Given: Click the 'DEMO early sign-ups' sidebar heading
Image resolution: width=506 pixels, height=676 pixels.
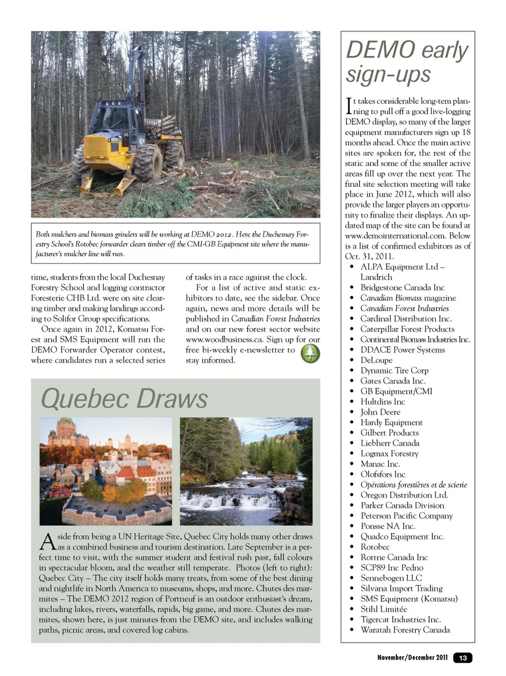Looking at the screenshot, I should coord(406,62).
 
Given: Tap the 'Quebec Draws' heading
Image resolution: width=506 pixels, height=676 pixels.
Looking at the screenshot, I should coord(124,398).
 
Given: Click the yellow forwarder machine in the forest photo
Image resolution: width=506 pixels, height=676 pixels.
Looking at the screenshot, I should coord(121,137).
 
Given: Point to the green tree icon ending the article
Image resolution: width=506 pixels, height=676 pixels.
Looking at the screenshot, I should coord(310,353).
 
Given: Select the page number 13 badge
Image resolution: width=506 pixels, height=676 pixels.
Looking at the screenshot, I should coord(463,658).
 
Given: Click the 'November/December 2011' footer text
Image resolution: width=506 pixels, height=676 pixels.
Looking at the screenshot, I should coord(412,658).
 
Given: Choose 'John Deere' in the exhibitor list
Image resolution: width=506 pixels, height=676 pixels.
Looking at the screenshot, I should coord(380,412).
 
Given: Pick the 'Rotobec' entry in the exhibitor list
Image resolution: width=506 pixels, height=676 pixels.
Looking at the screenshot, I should coord(375,547).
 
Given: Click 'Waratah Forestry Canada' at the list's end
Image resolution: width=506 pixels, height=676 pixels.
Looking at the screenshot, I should coord(405,630).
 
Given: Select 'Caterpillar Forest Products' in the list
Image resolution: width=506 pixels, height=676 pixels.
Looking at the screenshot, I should coord(407,329).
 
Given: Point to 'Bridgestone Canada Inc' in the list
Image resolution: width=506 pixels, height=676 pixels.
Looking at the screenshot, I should coord(402,288).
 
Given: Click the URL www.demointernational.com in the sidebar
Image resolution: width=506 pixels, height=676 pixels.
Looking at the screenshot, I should coord(407,236).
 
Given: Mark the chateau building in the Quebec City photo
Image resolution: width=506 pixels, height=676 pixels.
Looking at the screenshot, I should coord(66,435).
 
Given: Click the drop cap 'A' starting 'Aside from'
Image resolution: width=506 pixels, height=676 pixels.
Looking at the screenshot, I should coord(47,541).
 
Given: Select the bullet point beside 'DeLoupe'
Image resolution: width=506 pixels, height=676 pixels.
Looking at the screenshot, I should coord(352,360).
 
